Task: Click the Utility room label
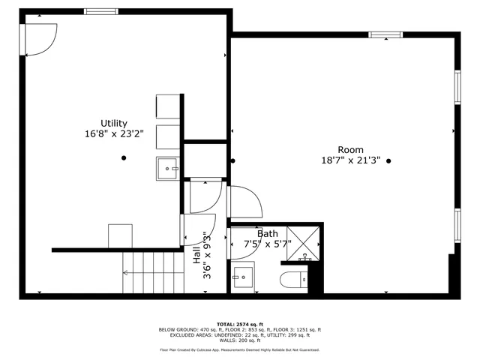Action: click(x=114, y=123)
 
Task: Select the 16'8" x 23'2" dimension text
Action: click(x=114, y=135)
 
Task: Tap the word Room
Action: click(x=350, y=149)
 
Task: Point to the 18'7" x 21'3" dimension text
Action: click(x=350, y=160)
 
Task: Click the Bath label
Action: click(x=268, y=233)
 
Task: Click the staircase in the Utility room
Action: click(x=153, y=271)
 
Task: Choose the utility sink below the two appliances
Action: click(x=167, y=169)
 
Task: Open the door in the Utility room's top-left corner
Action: click(x=39, y=39)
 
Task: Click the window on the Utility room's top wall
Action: click(x=100, y=11)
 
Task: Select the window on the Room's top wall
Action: click(x=385, y=34)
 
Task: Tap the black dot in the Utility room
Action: click(x=124, y=157)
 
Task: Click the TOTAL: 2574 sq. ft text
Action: click(x=239, y=324)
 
